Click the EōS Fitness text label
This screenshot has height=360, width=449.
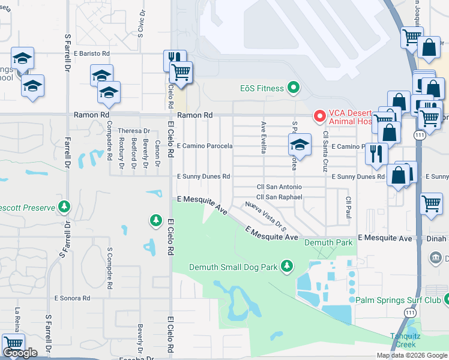pos(262,89)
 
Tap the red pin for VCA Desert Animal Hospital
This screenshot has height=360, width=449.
pos(320,115)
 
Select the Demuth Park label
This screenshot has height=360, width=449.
pos(320,242)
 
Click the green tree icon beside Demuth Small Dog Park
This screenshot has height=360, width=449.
pos(288,265)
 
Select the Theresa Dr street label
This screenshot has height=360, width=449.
pos(134,131)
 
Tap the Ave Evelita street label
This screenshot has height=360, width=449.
pos(263,137)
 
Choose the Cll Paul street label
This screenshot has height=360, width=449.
pos(347,207)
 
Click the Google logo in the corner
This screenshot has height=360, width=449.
pos(20,353)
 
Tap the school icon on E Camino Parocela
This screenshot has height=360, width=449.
pos(300,145)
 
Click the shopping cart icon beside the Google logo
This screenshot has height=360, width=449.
pos(13,344)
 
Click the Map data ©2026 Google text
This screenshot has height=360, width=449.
pos(412,355)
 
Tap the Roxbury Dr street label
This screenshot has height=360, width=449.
pos(121,149)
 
